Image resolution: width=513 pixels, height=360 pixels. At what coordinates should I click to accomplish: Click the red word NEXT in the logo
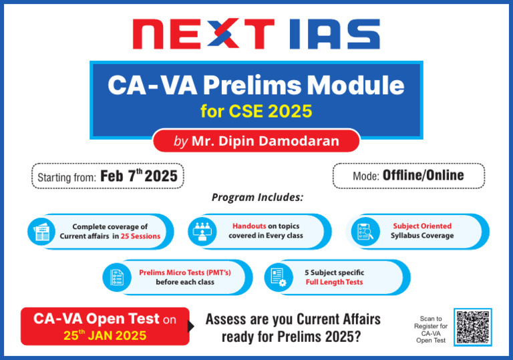(203, 33)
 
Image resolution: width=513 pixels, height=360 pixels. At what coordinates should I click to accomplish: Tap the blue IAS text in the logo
(335, 33)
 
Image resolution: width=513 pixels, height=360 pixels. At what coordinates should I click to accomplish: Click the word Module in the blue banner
(355, 85)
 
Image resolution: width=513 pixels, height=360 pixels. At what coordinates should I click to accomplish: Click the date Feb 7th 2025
(139, 176)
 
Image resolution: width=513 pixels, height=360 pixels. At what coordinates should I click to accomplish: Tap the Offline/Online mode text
(423, 176)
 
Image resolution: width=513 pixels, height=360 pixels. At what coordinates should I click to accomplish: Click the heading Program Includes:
(257, 197)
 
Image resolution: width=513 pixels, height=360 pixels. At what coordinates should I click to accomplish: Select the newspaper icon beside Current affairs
(41, 232)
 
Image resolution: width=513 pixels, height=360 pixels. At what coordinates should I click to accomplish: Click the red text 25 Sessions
(140, 236)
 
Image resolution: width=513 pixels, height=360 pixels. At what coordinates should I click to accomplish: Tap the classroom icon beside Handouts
(202, 232)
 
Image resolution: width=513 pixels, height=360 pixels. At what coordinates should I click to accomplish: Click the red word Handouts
(249, 226)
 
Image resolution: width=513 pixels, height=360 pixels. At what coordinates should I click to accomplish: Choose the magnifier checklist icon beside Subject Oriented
(365, 232)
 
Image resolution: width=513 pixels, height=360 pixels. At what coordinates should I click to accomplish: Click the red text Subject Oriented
(422, 226)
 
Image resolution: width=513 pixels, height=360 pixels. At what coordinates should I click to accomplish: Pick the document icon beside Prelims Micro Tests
(117, 278)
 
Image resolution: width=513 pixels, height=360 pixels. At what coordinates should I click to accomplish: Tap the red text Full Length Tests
(334, 282)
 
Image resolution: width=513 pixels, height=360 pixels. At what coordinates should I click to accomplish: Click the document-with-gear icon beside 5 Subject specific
(279, 278)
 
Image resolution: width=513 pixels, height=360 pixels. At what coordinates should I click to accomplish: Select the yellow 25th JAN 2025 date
(105, 335)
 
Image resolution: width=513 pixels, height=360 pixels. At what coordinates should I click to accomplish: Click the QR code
(473, 327)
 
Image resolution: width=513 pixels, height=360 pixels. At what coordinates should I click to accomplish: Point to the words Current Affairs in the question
(339, 319)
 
